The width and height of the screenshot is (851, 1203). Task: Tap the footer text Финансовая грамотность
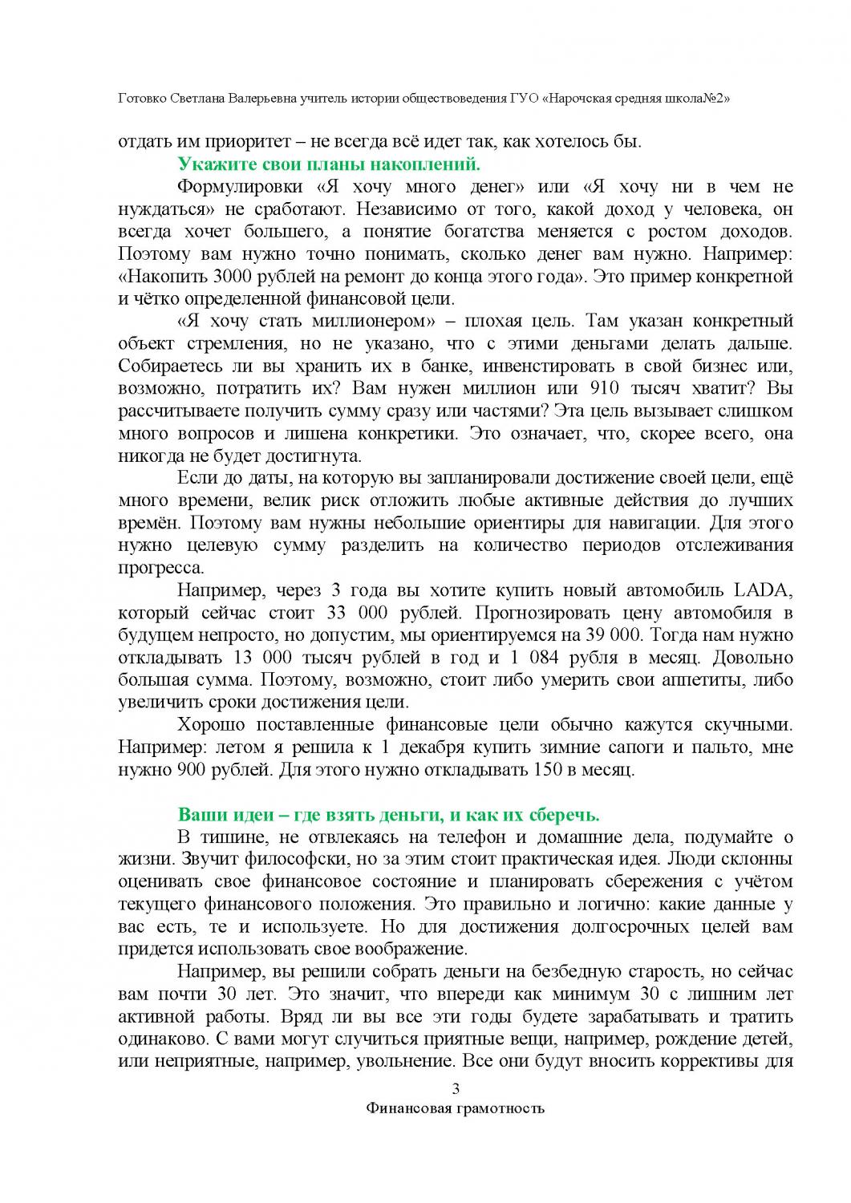tap(455, 1109)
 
